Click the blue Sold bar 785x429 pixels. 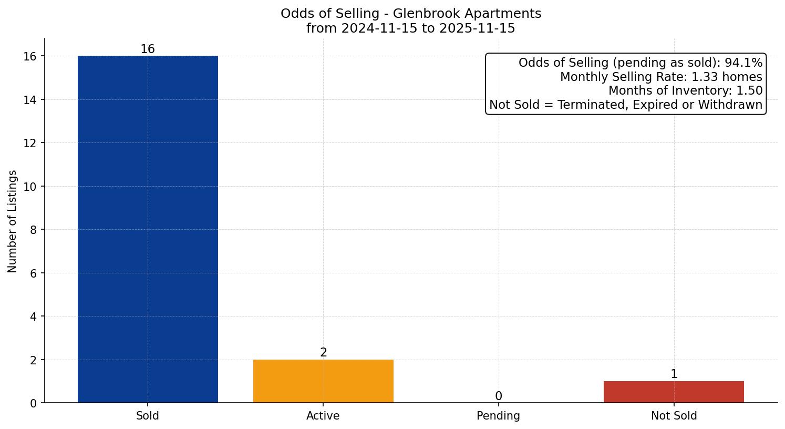tap(148, 229)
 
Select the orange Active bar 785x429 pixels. tap(323, 381)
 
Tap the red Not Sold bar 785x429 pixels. tap(674, 392)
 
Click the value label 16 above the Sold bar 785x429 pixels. tap(148, 49)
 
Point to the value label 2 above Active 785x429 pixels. tap(323, 353)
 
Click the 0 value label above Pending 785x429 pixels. tap(498, 396)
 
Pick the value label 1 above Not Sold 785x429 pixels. tap(674, 374)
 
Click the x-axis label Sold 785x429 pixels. tap(148, 416)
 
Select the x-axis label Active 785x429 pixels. tap(323, 416)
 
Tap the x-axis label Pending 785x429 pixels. tap(498, 416)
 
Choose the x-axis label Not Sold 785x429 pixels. tap(674, 416)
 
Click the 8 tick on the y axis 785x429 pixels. tap(33, 230)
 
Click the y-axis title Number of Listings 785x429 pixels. tap(12, 221)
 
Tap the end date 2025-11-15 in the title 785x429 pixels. tap(477, 28)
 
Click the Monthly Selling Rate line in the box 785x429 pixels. tap(660, 77)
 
